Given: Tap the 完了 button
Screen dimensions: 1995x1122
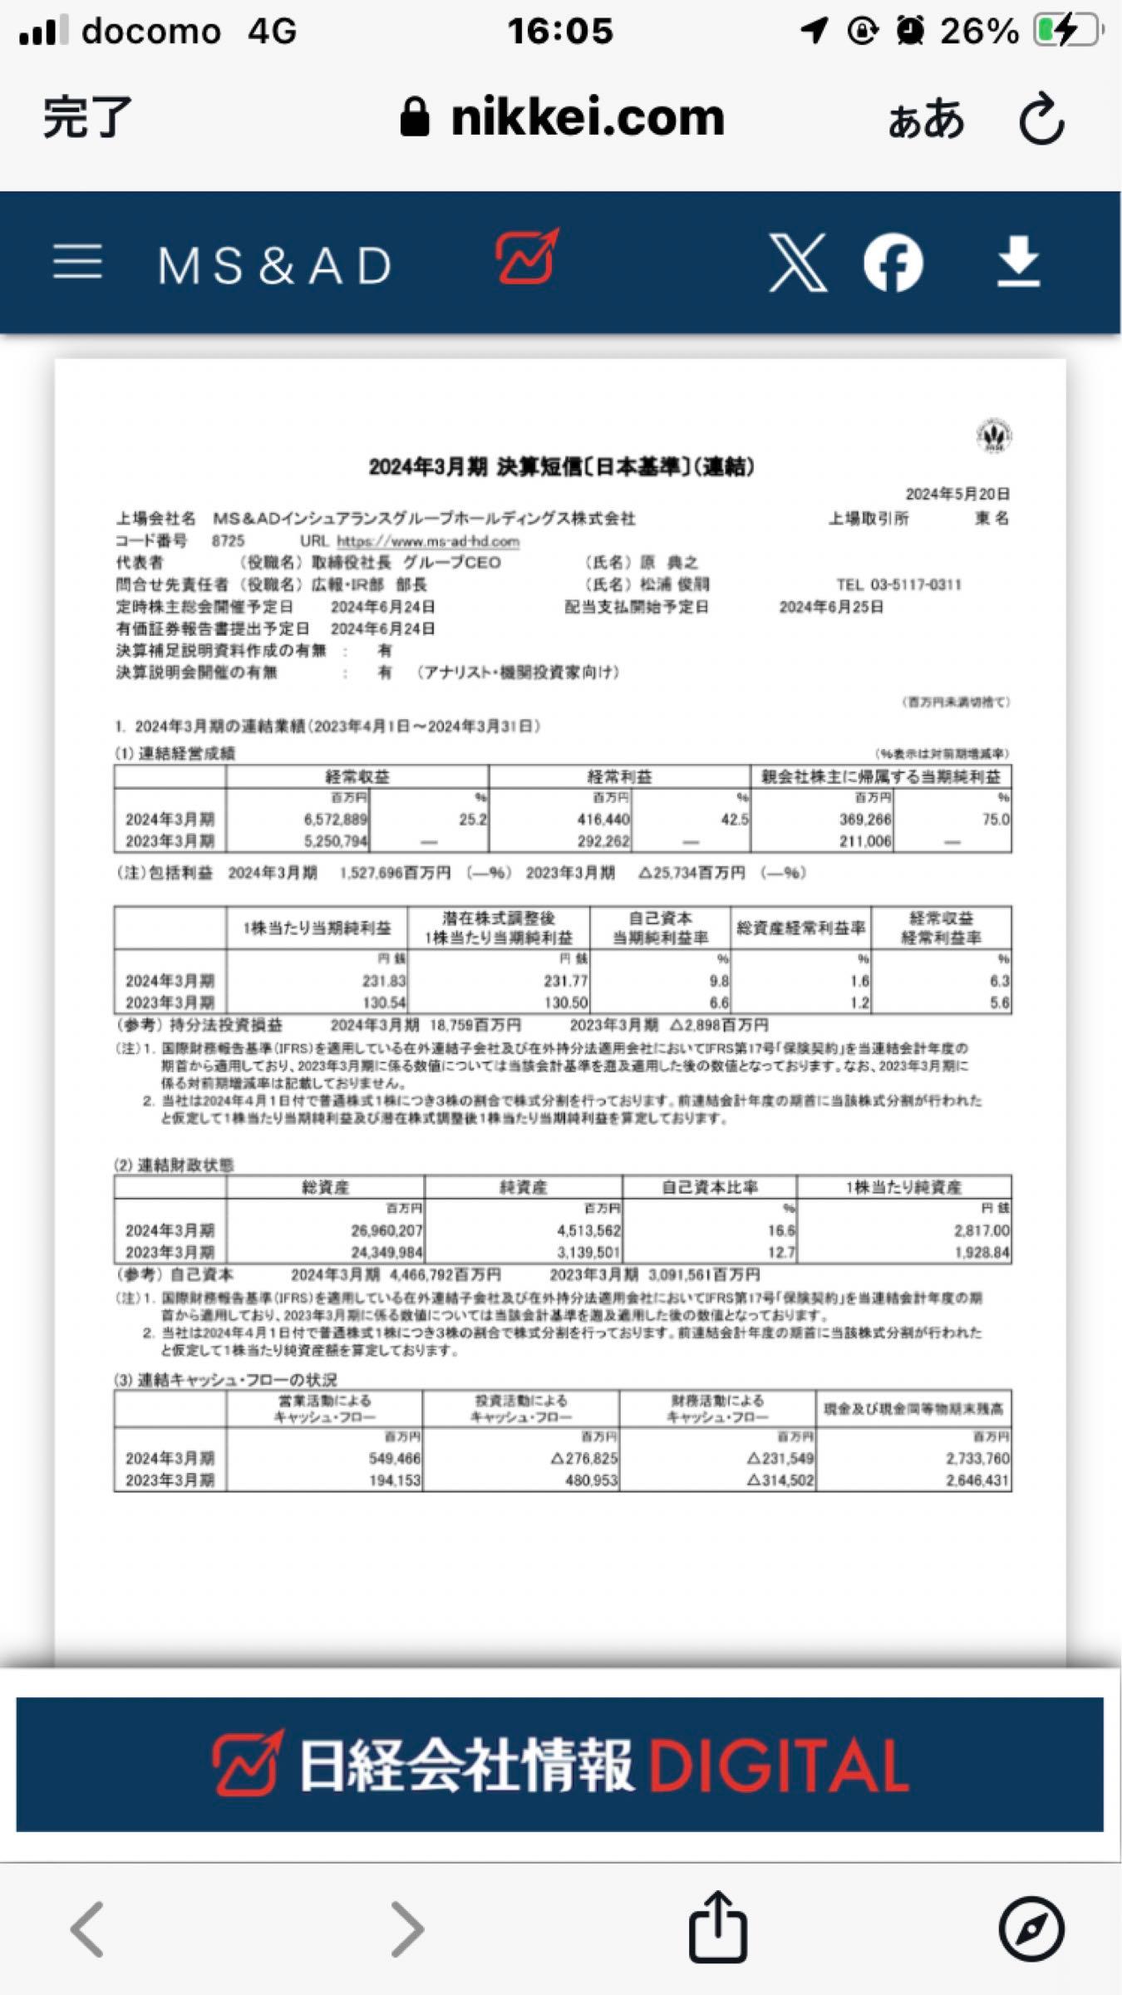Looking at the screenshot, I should point(86,117).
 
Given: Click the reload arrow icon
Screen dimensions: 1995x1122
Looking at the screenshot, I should point(1041,119).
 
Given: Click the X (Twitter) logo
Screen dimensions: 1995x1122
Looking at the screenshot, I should point(797,263).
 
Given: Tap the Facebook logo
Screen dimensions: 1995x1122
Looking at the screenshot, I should point(893,263).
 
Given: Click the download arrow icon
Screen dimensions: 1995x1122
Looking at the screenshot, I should point(1018,261).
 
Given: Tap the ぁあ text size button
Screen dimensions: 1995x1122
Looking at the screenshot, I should point(926,119).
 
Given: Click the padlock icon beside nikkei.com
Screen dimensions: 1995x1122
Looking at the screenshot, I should point(415,117).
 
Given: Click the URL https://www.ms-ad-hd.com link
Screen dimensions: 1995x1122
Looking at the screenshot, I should point(427,541).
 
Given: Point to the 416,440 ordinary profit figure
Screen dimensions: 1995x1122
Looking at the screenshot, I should point(603,820).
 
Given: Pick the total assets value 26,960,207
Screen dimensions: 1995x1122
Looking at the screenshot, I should point(386,1230).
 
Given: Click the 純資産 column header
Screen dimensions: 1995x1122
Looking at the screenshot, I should point(523,1187).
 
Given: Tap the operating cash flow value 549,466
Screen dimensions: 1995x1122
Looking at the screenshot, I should point(395,1458).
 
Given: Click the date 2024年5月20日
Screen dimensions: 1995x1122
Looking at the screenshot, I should point(957,494).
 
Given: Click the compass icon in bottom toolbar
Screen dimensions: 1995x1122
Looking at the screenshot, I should point(1031,1928).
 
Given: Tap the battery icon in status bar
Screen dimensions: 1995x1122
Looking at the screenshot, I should point(1067,32).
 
